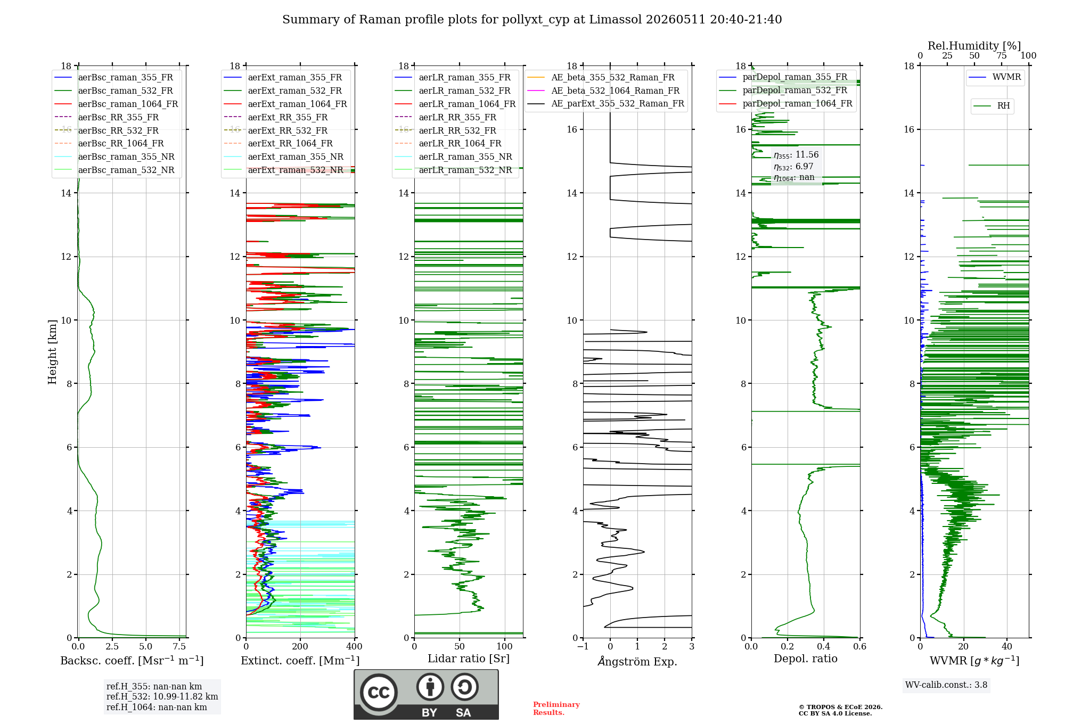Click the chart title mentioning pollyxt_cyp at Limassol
532,20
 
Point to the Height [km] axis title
52,351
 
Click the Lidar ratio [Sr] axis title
469,659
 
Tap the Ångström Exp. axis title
637,661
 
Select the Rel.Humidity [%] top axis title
974,46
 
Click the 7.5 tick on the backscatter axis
179,647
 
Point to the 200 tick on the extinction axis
300,647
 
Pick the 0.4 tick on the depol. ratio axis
824,647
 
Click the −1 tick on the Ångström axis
583,647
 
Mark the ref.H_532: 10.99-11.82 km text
162,696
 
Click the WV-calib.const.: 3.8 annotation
946,685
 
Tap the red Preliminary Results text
556,709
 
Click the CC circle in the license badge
379,693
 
